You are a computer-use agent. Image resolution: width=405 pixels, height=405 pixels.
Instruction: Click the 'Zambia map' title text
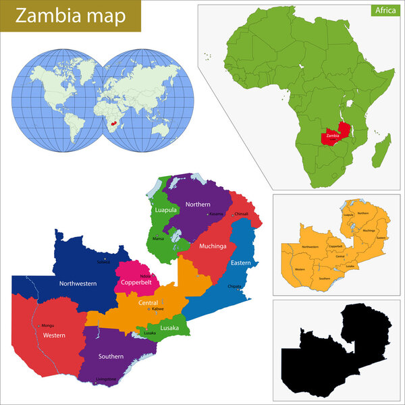(x=71, y=16)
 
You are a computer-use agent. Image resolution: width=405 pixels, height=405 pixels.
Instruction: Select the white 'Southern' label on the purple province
(x=110, y=356)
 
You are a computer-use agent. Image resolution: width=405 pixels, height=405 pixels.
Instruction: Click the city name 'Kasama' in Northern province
(x=216, y=214)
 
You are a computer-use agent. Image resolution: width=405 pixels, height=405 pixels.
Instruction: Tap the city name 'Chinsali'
(x=241, y=214)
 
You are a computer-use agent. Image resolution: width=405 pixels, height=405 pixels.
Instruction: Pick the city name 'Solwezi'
(x=103, y=261)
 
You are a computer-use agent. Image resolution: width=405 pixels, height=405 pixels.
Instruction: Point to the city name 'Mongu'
(x=47, y=325)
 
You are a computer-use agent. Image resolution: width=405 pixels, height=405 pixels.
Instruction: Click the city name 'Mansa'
(x=159, y=238)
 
